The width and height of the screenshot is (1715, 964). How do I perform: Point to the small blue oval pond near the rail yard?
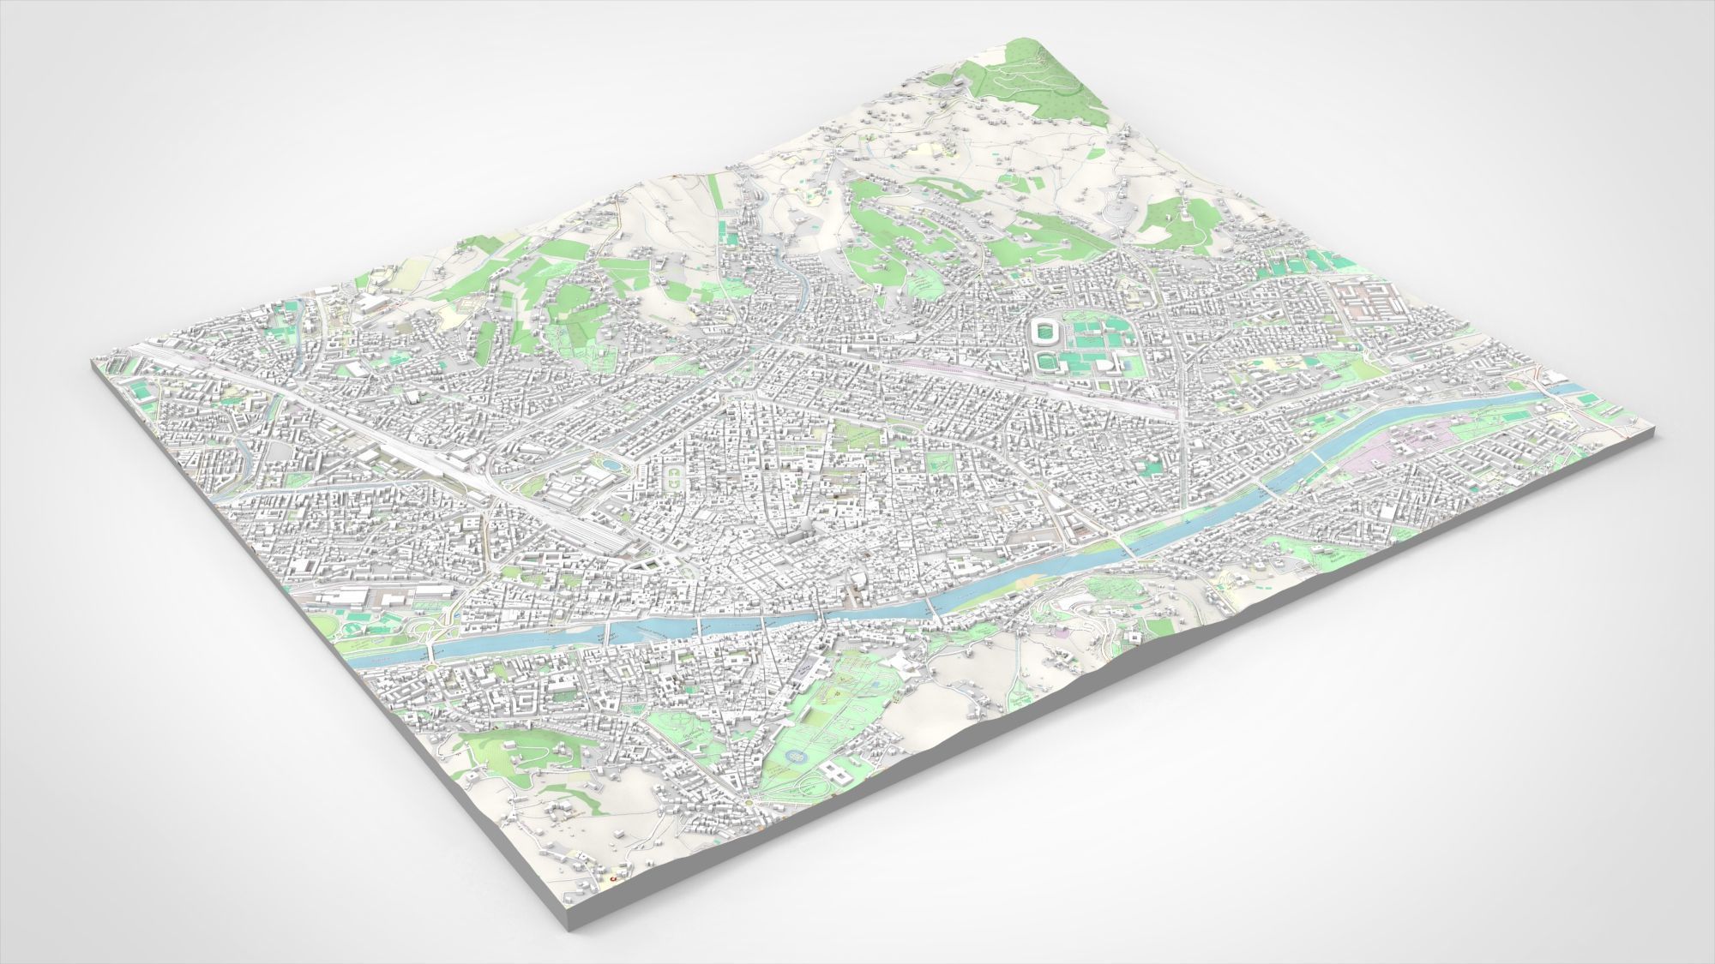click(609, 464)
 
